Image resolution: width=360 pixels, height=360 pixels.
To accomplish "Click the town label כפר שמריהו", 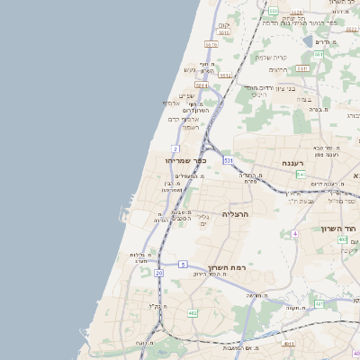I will [186, 160].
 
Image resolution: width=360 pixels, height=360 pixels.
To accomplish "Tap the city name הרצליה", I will [234, 214].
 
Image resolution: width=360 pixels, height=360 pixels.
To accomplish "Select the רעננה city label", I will [292, 163].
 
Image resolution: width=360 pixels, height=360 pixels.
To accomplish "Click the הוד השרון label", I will [339, 229].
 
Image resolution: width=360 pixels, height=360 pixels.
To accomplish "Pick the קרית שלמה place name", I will [273, 57].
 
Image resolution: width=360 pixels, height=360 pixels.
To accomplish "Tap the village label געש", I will [190, 69].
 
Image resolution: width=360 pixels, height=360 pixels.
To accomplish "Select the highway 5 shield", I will [183, 264].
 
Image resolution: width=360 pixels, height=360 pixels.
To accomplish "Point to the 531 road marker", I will [229, 160].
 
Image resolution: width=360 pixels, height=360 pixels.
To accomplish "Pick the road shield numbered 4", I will [294, 233].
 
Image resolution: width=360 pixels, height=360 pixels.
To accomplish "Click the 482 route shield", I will [193, 312].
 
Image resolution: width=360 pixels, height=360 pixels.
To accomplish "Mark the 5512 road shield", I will [226, 76].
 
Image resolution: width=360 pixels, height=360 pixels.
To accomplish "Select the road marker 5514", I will [201, 85].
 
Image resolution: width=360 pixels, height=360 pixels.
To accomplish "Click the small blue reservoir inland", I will [309, 41].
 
